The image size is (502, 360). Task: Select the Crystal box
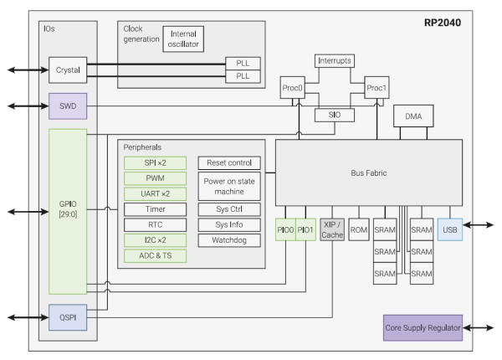coord(67,70)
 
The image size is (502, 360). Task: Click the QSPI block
coord(67,319)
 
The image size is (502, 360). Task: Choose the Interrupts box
coord(336,61)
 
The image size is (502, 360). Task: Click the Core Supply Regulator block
coord(423,327)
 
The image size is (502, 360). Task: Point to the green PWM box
coord(155,177)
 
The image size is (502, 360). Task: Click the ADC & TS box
coord(155,255)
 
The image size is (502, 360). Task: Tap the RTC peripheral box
coord(155,224)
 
